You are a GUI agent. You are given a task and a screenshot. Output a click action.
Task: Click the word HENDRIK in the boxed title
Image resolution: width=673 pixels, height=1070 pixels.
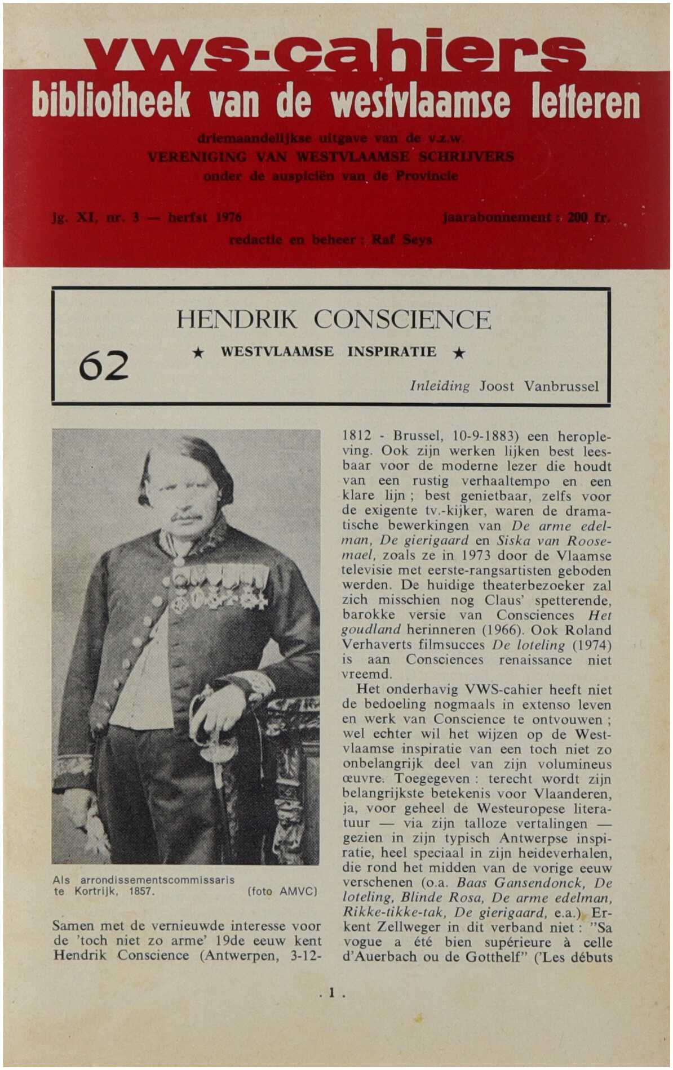click(x=237, y=320)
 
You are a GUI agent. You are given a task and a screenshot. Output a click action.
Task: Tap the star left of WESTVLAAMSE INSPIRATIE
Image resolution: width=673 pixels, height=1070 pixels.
click(x=198, y=353)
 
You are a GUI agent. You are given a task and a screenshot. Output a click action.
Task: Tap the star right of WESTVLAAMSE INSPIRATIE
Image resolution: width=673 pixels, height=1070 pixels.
click(x=459, y=353)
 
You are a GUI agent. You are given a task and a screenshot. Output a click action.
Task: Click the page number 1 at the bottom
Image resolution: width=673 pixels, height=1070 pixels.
click(x=331, y=993)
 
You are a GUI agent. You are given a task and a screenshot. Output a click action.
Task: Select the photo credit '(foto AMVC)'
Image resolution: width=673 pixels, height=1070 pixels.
click(x=282, y=891)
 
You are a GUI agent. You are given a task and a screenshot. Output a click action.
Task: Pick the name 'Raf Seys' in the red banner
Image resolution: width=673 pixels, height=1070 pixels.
click(x=402, y=240)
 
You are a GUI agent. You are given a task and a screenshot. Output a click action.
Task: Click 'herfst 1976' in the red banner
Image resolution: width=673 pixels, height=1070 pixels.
click(x=205, y=217)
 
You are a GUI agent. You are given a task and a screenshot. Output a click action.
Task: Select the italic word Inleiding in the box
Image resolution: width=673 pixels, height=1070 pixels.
click(x=440, y=386)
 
